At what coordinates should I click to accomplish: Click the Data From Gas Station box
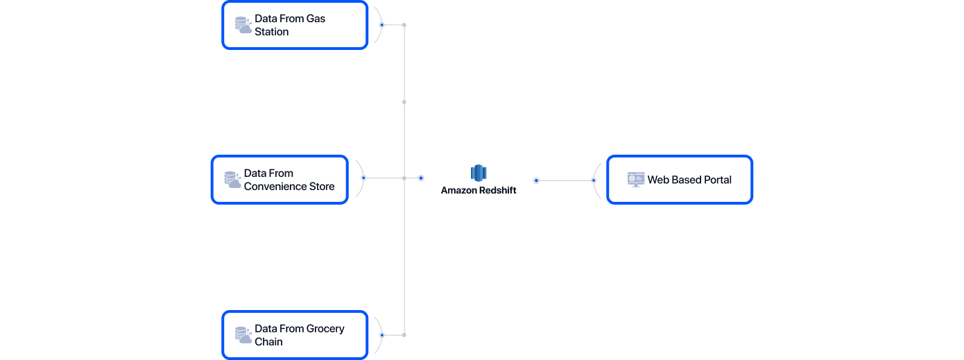295,25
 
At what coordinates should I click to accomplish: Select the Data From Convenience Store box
279,180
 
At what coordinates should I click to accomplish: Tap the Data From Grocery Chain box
295,335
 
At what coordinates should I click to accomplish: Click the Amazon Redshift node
479,180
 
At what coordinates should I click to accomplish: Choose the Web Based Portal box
680,180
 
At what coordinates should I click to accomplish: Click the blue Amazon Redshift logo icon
479,173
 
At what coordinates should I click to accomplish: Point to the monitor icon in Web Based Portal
635,180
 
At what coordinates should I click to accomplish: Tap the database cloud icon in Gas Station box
243,26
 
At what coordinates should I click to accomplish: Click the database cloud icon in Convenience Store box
232,180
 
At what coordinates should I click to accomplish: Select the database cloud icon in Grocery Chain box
243,336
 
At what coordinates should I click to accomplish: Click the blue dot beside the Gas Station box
381,25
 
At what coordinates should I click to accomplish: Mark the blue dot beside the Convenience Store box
363,178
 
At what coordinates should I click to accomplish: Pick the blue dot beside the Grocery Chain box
381,335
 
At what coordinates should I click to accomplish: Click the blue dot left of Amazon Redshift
421,178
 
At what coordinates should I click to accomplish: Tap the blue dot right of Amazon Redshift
536,180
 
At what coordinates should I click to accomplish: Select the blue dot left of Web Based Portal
594,180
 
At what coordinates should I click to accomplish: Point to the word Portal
716,180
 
